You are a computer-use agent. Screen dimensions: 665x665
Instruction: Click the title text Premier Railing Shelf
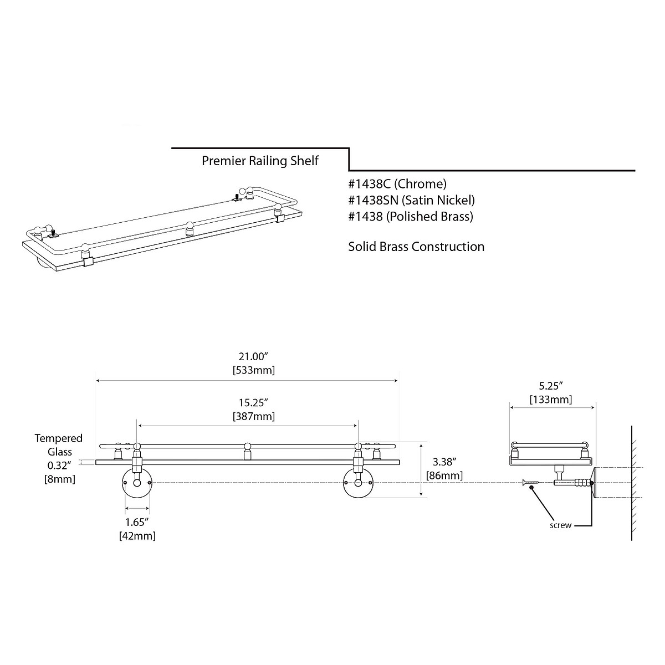tap(260, 161)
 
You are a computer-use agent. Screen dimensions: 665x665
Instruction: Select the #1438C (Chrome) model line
tap(397, 183)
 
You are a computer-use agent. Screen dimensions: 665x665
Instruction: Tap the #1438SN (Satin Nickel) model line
tap(412, 200)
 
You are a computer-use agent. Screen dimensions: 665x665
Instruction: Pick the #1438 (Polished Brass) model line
tap(411, 217)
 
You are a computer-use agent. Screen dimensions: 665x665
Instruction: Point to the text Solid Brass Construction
tap(416, 247)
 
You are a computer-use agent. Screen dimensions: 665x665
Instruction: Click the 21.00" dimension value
tap(253, 356)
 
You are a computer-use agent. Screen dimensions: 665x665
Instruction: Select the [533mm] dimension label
tap(253, 370)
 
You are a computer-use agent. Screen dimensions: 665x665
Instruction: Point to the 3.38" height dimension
tap(444, 462)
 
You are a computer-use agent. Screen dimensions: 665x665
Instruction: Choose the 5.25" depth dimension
tap(551, 385)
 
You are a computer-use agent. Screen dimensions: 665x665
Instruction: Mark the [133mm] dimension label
tap(551, 399)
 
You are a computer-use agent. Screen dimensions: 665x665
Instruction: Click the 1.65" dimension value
tap(137, 522)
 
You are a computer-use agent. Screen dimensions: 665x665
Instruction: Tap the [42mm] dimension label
tap(137, 536)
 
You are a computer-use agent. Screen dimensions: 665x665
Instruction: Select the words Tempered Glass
tap(59, 445)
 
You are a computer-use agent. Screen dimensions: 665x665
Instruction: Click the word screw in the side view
tap(560, 525)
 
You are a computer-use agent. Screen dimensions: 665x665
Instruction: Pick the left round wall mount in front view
tap(136, 483)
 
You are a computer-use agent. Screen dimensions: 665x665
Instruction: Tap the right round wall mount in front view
tap(358, 483)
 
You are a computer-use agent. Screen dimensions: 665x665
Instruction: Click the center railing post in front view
tap(247, 452)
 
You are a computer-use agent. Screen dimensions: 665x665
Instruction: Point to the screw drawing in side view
tap(530, 484)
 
